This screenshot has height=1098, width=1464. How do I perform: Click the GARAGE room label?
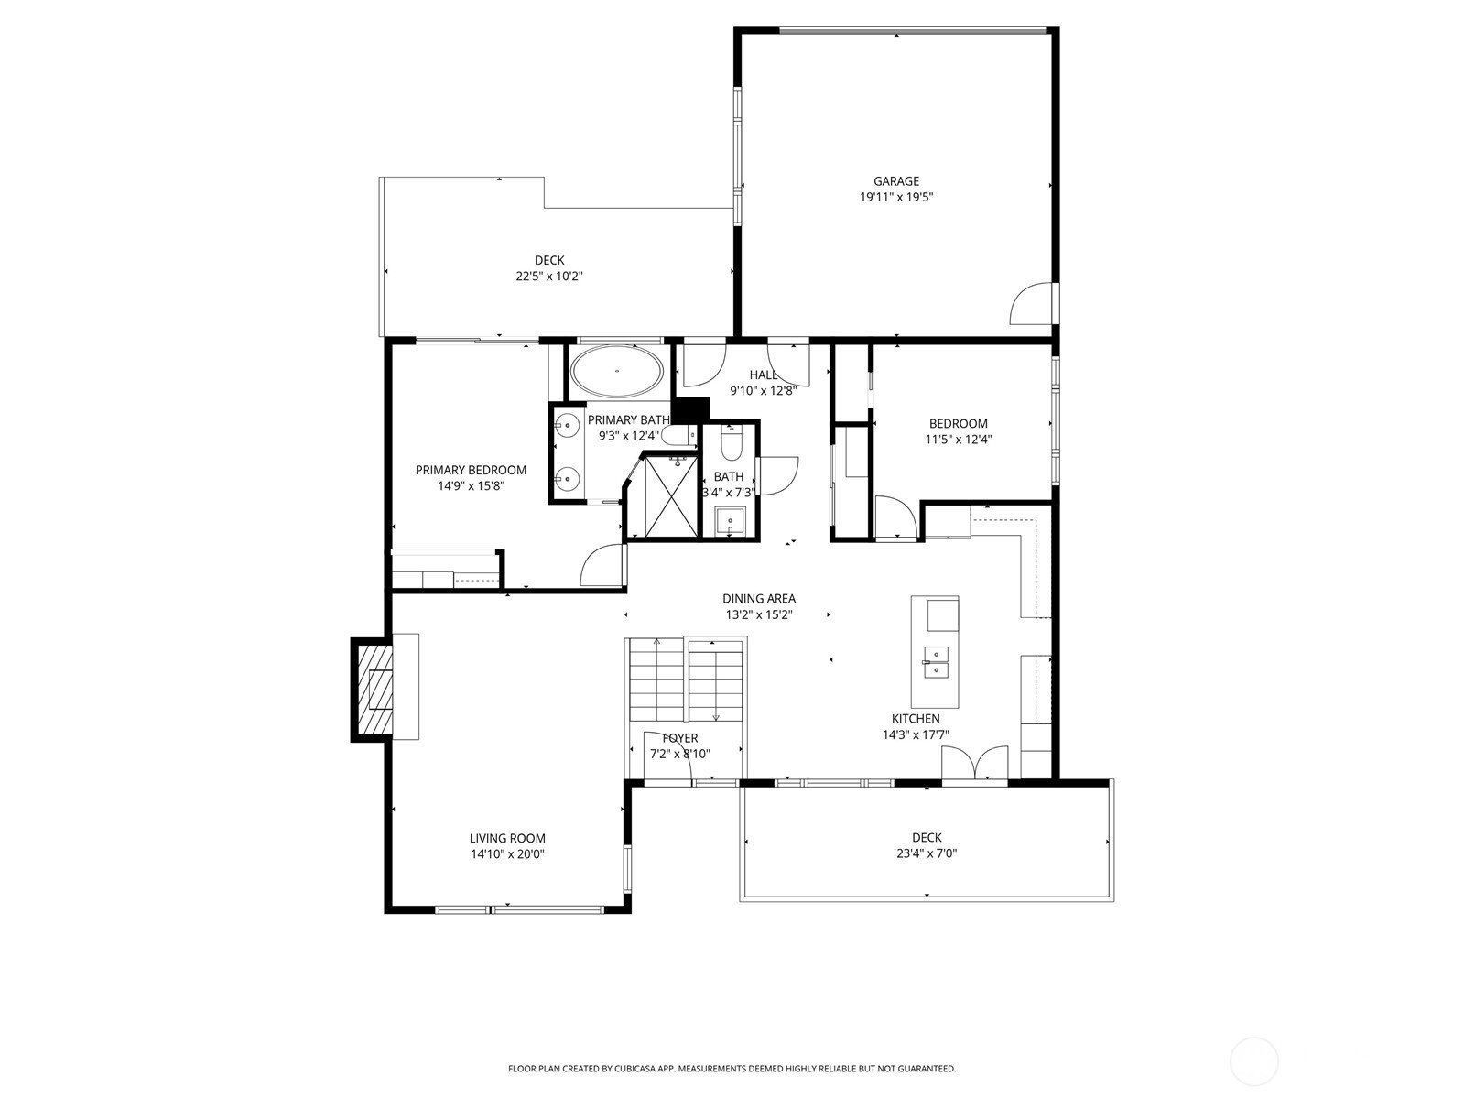[895, 181]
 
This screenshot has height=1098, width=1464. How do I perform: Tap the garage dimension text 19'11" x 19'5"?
[895, 198]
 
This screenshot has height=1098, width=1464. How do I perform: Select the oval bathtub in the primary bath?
[617, 371]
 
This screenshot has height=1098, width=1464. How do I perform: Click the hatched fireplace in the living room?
[373, 690]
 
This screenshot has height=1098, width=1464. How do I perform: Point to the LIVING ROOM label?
[507, 839]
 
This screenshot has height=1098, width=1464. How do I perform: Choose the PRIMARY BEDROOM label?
[471, 471]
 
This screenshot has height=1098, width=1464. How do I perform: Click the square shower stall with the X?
[672, 496]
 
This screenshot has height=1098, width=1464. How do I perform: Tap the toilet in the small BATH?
[731, 443]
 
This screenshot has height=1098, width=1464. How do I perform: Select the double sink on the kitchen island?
[937, 662]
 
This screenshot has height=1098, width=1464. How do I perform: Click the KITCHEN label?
[916, 719]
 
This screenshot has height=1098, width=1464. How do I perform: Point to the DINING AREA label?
[759, 599]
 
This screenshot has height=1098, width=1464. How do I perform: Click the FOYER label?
[680, 738]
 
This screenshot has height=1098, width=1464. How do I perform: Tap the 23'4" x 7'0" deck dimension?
[927, 853]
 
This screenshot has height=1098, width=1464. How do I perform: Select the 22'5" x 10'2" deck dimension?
[549, 277]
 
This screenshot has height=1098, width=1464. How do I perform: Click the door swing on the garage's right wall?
[1033, 303]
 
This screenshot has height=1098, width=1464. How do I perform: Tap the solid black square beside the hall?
[691, 409]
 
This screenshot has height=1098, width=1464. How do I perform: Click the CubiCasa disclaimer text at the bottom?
[732, 1068]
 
